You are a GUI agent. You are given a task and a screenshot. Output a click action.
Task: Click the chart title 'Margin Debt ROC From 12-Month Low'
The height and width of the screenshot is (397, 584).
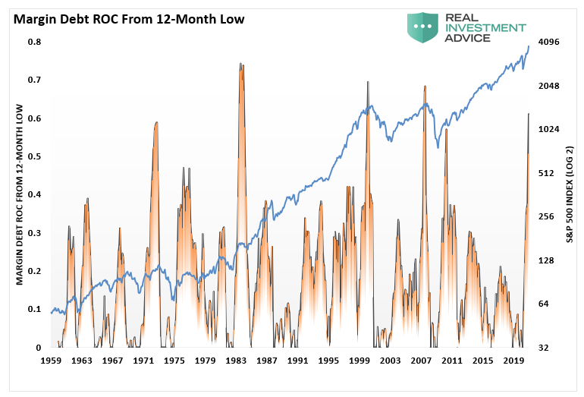point(127,19)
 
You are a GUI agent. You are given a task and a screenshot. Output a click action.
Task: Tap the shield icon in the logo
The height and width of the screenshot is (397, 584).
point(423,27)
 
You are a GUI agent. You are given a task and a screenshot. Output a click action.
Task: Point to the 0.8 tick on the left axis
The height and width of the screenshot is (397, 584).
point(35,42)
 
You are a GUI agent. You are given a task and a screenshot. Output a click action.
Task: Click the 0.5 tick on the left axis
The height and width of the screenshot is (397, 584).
point(35,156)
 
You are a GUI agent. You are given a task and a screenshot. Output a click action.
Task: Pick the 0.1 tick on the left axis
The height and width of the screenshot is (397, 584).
point(35,309)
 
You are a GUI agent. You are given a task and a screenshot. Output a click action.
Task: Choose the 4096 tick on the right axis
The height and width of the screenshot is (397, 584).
point(548,42)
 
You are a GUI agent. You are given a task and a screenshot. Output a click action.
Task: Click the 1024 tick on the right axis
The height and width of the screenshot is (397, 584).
point(548,129)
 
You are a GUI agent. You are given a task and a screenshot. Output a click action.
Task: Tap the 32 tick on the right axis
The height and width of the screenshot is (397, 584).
point(542,348)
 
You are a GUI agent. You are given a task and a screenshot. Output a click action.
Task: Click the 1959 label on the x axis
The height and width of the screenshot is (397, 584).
point(51,361)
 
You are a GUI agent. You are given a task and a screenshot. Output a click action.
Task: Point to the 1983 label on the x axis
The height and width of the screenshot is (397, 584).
point(236,361)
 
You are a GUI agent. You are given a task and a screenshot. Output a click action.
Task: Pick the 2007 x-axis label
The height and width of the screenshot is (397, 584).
point(421,361)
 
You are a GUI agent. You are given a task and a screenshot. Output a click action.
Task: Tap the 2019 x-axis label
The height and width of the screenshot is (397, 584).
point(513,361)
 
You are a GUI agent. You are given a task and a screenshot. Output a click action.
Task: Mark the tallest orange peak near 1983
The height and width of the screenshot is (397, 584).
point(240,65)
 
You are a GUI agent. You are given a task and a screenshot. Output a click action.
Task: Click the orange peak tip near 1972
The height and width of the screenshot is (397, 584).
point(156,122)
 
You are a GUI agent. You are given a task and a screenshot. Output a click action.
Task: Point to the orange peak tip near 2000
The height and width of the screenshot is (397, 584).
point(368,82)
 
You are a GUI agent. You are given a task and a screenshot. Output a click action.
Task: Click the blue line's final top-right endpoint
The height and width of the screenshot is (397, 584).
point(529,47)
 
